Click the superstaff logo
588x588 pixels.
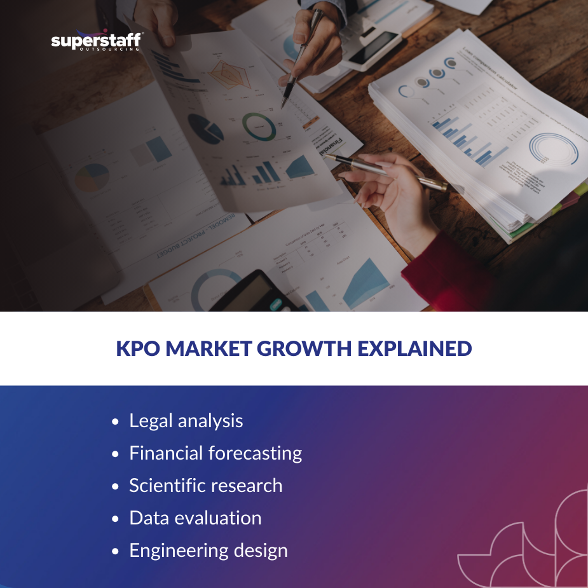point(96,41)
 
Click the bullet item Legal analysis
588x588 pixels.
point(186,421)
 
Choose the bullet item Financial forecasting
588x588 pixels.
point(215,453)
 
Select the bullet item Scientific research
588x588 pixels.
point(205,486)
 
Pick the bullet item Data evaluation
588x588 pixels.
point(195,518)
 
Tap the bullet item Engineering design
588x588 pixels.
point(209,550)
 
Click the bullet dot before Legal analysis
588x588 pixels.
point(115,422)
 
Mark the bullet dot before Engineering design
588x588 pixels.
point(115,552)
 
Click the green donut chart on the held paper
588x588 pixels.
point(259,126)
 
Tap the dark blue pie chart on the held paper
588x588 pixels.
point(205,128)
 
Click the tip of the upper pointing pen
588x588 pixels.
point(284,106)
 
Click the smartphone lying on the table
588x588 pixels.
point(374,48)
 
